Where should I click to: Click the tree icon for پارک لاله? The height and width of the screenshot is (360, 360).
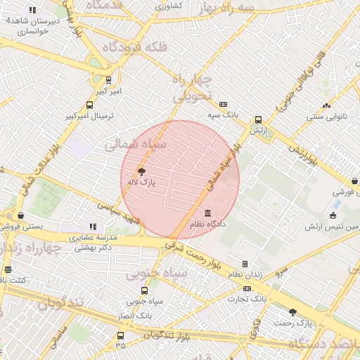(141, 171)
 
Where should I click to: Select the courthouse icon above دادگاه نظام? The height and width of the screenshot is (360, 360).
(207, 213)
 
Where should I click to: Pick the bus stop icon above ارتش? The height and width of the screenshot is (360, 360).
(258, 120)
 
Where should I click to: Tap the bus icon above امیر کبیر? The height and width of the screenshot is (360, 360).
(108, 81)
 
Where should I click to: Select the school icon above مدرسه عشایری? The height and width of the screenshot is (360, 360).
(93, 226)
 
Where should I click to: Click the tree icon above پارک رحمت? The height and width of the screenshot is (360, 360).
(292, 311)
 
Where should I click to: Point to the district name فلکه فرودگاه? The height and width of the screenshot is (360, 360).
(134, 48)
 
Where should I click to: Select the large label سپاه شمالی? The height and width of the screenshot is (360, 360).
(135, 144)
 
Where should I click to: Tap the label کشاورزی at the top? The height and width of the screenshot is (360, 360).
(168, 6)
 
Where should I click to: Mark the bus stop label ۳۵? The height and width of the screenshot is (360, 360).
(120, 345)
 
